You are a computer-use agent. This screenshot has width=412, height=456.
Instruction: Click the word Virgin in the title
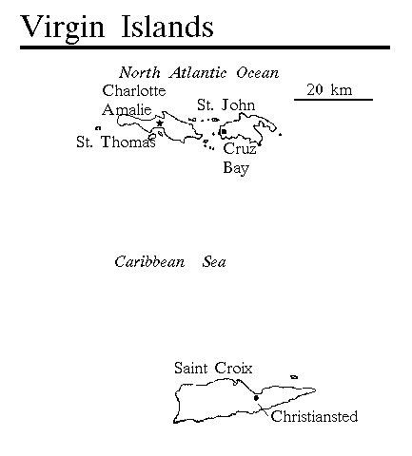click(x=62, y=28)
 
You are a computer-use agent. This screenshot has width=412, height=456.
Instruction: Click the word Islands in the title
click(x=167, y=26)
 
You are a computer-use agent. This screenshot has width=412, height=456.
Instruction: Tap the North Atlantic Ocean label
click(x=199, y=73)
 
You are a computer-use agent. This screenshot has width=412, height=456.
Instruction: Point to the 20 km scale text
click(x=329, y=89)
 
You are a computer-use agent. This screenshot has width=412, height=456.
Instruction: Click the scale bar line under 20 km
click(x=333, y=100)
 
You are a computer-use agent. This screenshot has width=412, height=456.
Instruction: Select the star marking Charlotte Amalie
click(x=160, y=123)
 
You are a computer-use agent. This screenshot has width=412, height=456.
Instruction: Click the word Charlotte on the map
click(x=134, y=90)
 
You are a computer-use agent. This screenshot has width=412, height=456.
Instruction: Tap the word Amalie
click(x=127, y=109)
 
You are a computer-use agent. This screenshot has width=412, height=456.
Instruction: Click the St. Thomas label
click(x=116, y=142)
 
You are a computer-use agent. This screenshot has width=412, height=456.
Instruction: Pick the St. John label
click(x=226, y=104)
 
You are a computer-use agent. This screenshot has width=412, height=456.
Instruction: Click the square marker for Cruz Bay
click(x=224, y=131)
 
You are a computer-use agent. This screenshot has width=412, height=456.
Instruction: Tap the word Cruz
click(x=240, y=148)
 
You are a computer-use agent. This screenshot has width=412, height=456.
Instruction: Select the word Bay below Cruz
click(x=236, y=168)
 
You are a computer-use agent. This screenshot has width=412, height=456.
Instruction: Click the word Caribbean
click(x=149, y=262)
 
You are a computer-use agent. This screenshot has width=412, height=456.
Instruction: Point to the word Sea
click(x=214, y=262)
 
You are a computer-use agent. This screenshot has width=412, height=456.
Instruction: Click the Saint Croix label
click(x=213, y=368)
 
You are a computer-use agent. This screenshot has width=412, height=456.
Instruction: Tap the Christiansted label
click(x=314, y=416)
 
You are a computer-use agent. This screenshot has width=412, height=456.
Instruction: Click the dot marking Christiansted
click(x=256, y=398)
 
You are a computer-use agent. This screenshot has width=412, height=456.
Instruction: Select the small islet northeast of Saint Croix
click(x=294, y=377)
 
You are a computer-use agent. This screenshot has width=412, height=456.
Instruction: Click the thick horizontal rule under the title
click(x=205, y=47)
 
